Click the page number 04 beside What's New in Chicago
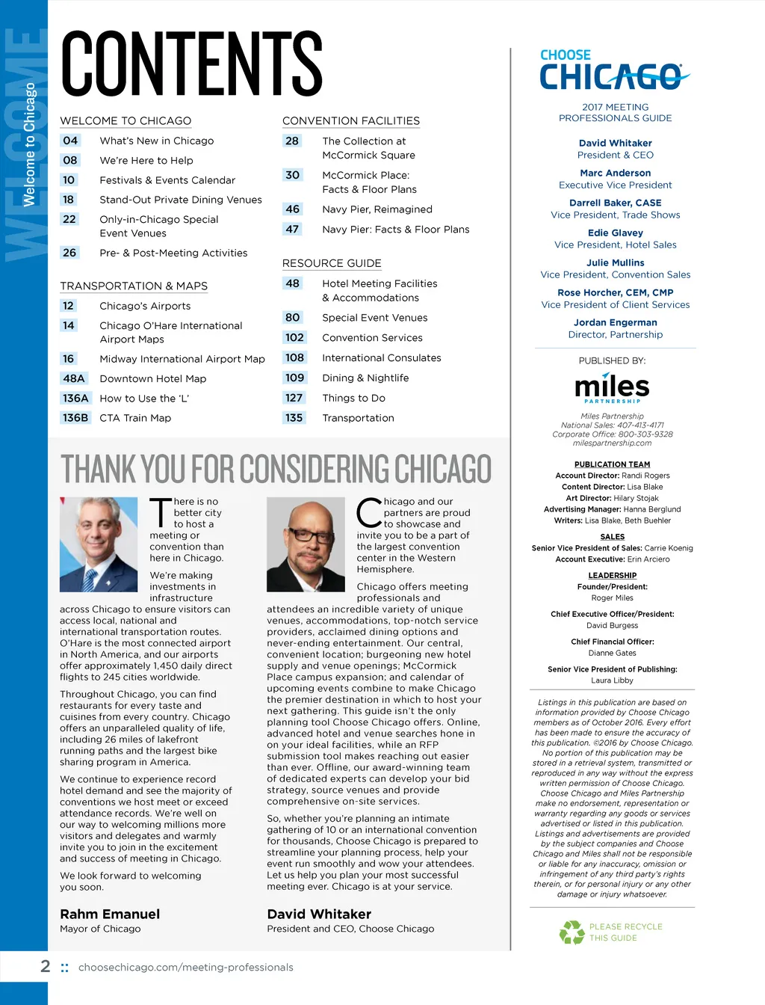(x=70, y=141)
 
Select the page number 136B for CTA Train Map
(x=75, y=418)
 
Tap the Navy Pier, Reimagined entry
(x=377, y=209)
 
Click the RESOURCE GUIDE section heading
(x=332, y=263)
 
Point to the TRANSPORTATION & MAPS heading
(x=134, y=286)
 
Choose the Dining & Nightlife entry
(x=365, y=378)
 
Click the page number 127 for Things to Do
(x=294, y=399)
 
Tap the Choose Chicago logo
(x=614, y=70)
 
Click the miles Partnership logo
(x=612, y=387)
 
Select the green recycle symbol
(x=572, y=932)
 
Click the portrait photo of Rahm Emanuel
(x=99, y=544)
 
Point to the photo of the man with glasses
(x=306, y=544)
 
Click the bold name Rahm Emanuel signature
(x=110, y=915)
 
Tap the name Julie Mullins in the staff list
(x=615, y=263)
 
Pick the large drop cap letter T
(x=161, y=513)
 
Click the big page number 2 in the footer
(x=46, y=966)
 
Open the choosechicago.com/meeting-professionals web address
(x=185, y=968)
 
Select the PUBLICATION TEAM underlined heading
(x=612, y=464)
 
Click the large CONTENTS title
(x=192, y=64)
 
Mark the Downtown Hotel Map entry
(x=153, y=379)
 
